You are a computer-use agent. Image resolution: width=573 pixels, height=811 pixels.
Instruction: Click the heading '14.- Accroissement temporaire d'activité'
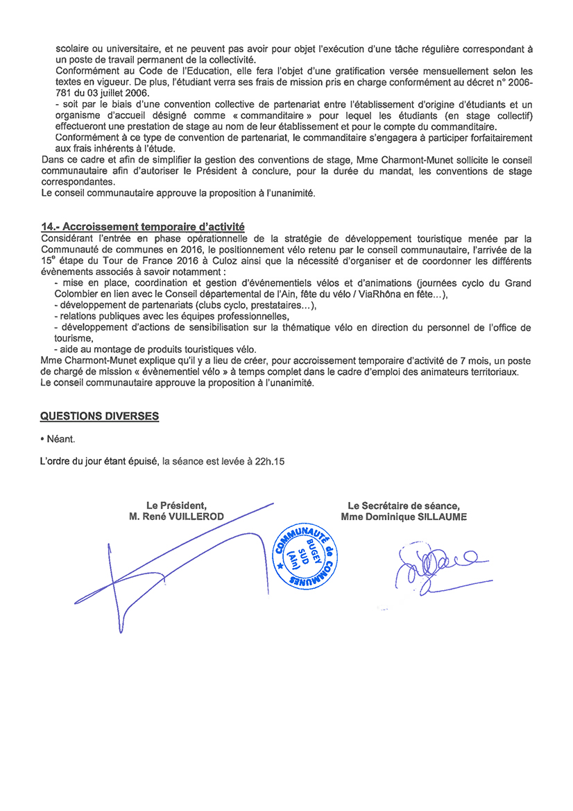(142, 226)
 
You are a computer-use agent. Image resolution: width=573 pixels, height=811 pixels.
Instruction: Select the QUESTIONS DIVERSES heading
(99, 416)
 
